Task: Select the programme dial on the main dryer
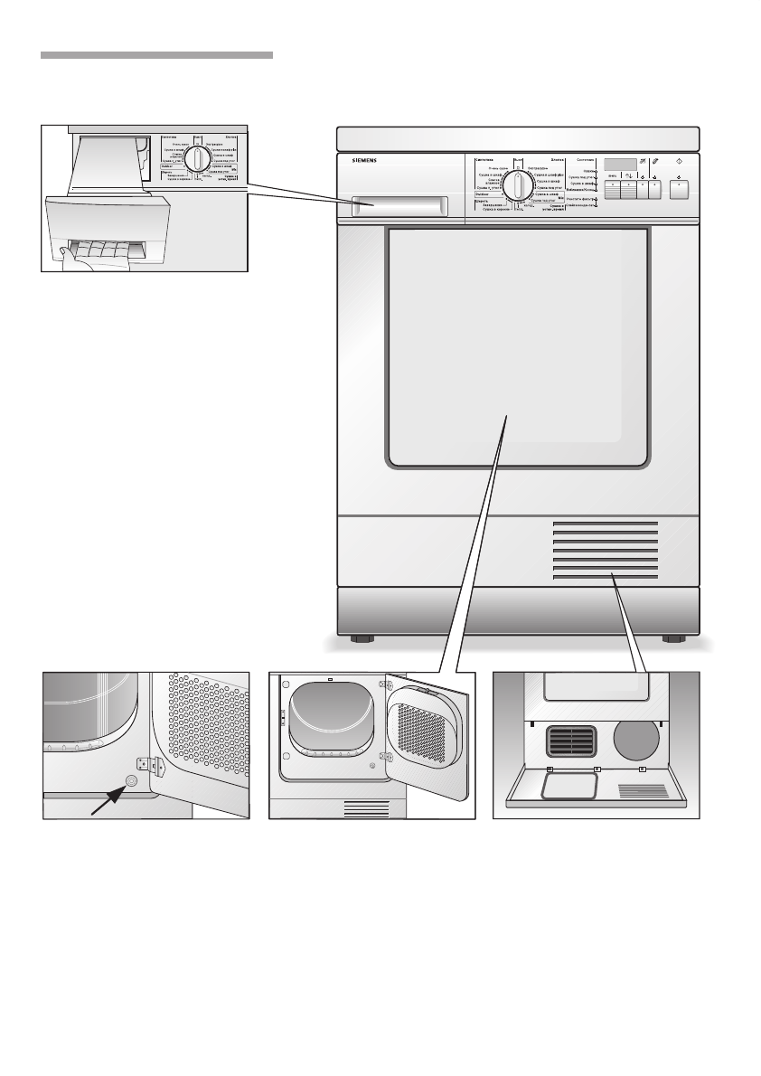pos(518,187)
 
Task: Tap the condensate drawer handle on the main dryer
pos(399,205)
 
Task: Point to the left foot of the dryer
pos(362,639)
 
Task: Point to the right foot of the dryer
pos(673,639)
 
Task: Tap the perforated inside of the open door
pos(425,735)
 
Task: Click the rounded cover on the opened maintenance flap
pos(567,785)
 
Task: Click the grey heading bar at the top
pos(156,55)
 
